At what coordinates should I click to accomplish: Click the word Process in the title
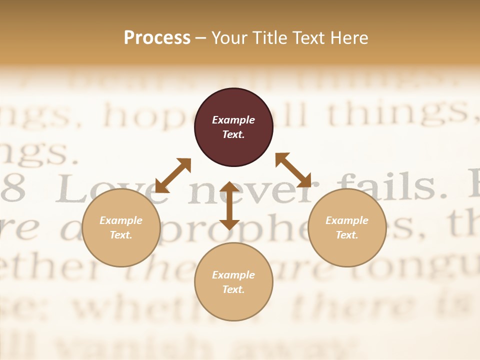click(x=157, y=38)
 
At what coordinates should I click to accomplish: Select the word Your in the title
click(x=230, y=38)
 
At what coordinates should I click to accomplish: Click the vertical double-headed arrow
click(x=229, y=205)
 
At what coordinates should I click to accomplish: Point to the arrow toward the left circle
click(x=173, y=175)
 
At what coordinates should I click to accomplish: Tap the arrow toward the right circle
click(x=293, y=170)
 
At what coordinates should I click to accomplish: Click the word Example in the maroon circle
click(x=233, y=120)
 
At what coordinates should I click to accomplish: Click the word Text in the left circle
click(x=121, y=235)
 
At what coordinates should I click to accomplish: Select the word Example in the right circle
click(x=347, y=220)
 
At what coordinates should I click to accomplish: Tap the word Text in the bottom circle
click(x=233, y=289)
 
